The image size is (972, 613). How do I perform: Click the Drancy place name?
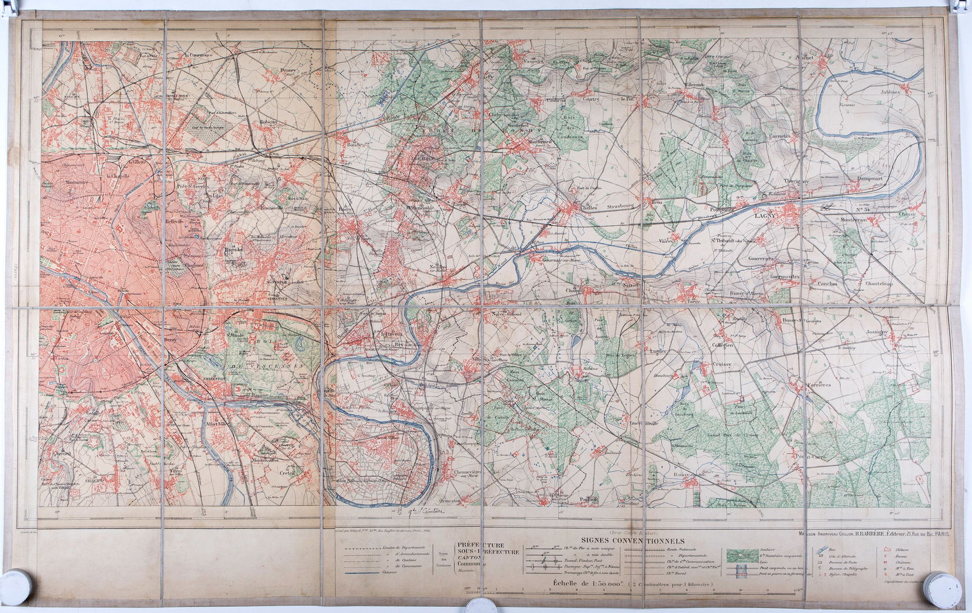[287, 70]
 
